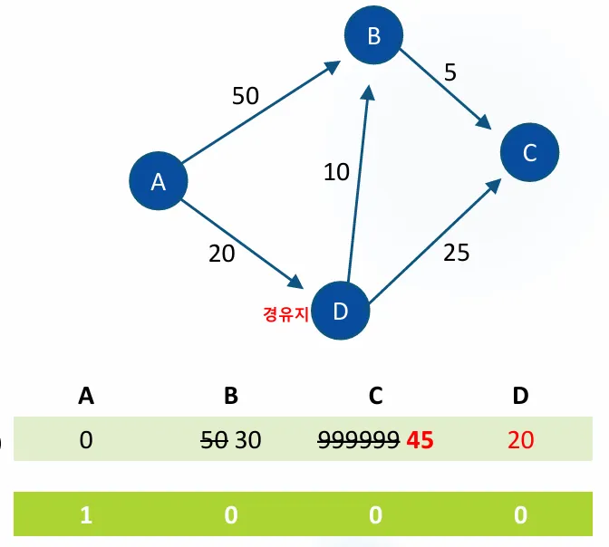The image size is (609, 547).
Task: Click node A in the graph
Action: pos(158,182)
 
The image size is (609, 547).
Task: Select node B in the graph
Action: pos(373,36)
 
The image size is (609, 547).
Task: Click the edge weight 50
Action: pos(246,96)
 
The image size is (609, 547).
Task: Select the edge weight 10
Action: pos(336,172)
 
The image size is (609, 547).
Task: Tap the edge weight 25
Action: pos(457,253)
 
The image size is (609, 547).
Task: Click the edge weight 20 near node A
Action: pos(221,254)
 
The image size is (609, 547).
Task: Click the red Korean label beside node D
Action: pos(284,313)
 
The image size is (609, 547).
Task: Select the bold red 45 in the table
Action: pos(420,440)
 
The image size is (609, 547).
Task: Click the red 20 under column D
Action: pos(521,440)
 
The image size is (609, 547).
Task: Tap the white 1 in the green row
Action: pos(86,514)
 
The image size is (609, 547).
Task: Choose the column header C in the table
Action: pos(376,395)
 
